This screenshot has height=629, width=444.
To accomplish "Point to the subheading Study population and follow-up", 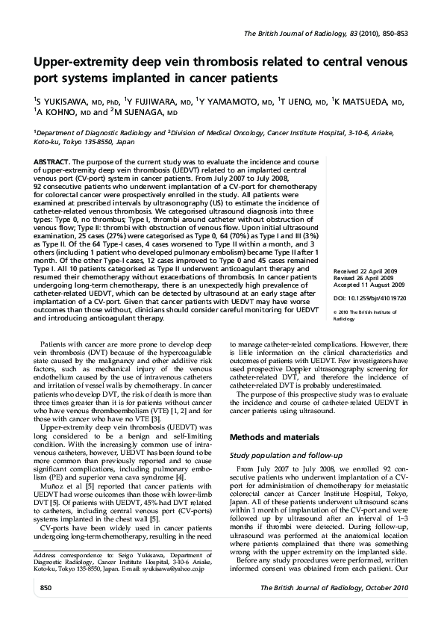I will coord(290,455).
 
